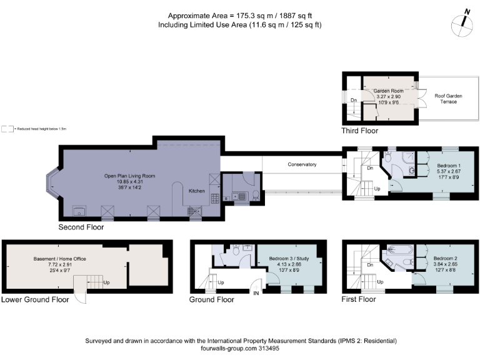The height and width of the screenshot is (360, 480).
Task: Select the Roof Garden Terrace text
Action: click(x=449, y=99)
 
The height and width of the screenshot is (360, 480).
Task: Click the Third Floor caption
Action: click(x=359, y=131)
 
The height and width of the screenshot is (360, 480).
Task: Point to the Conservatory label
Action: click(x=302, y=164)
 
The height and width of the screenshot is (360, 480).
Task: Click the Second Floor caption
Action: click(x=81, y=227)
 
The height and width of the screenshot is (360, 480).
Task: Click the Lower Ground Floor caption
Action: click(x=35, y=300)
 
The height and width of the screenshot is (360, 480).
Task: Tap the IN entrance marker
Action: click(x=255, y=292)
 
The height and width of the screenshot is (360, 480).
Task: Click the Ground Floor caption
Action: click(x=212, y=300)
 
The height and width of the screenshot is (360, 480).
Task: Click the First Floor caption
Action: click(x=359, y=300)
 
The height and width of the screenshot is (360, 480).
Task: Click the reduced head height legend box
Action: click(x=7, y=129)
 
